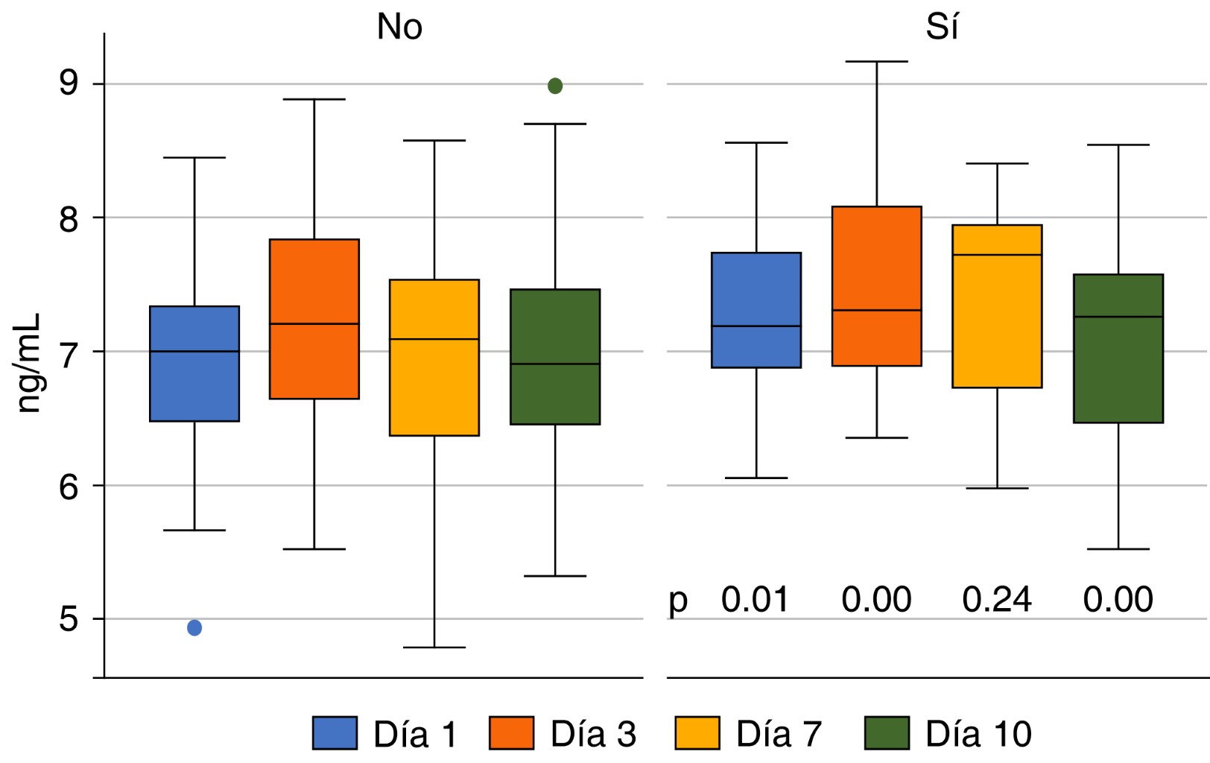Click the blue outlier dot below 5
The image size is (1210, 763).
(x=194, y=628)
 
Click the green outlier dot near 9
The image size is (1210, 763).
(x=555, y=86)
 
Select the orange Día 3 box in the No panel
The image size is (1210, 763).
(x=314, y=319)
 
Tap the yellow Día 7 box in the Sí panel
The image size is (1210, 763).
(x=997, y=306)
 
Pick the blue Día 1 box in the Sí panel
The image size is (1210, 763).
(x=756, y=310)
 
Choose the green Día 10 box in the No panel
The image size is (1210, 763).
(x=555, y=357)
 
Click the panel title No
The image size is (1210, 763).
(x=399, y=28)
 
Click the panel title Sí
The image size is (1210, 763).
(x=942, y=28)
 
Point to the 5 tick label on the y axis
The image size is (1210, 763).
(x=69, y=619)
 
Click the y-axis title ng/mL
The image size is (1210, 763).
(x=28, y=364)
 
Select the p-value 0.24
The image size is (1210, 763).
(x=997, y=600)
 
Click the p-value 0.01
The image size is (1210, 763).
(x=755, y=600)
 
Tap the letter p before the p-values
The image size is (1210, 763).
(x=678, y=601)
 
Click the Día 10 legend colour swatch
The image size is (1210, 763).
(x=887, y=733)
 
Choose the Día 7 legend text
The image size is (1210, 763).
(x=779, y=735)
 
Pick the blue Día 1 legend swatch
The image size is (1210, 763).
(x=335, y=733)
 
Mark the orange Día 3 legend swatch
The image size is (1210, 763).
(x=511, y=733)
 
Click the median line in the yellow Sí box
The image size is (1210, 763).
(x=997, y=255)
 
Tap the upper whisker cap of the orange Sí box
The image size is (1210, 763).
(x=877, y=62)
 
